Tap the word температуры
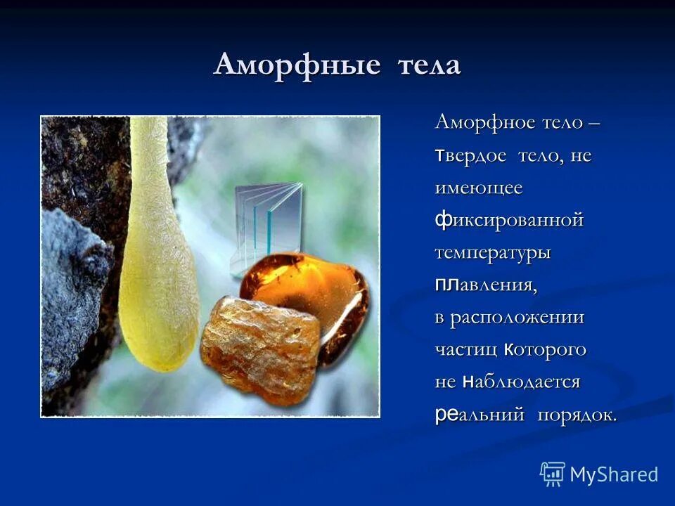[492, 253]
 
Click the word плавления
[486, 285]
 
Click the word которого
[545, 349]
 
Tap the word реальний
[480, 415]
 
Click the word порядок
[577, 415]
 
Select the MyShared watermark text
[614, 474]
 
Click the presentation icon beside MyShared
[553, 474]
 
